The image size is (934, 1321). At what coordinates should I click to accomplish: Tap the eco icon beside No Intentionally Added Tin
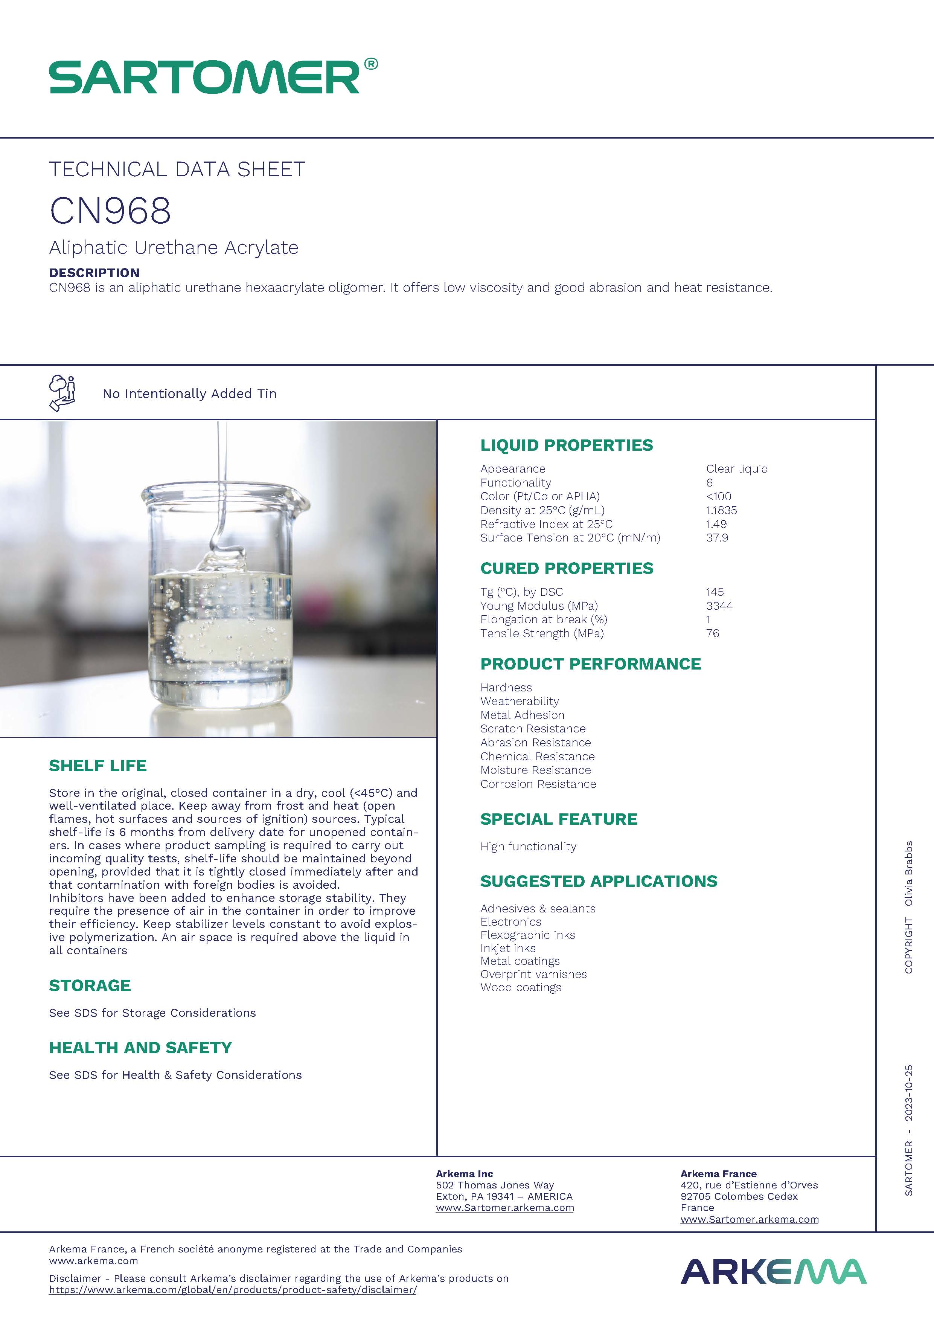tap(62, 393)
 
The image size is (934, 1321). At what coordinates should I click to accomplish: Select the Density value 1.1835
tap(721, 510)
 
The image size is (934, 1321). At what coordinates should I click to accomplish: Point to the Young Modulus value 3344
tap(719, 606)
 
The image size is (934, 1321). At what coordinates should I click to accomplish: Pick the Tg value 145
tap(715, 592)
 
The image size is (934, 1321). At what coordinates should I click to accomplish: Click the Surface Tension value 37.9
tap(717, 538)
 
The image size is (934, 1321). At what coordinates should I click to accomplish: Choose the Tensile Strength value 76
tap(713, 633)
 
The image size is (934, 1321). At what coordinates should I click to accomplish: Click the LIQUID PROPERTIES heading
tap(567, 445)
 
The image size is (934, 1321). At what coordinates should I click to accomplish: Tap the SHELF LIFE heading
tap(98, 766)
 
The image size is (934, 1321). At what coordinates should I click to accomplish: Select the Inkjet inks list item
tap(508, 948)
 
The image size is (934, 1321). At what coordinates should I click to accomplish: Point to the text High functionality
tap(528, 847)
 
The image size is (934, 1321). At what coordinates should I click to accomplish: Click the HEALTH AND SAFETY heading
tap(140, 1048)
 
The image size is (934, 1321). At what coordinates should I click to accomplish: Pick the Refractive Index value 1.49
tap(716, 524)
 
